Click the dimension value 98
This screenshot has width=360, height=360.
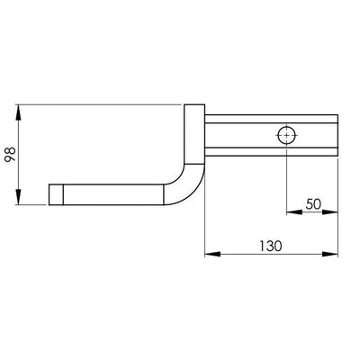click(x=10, y=154)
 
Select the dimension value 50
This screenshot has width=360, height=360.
click(x=313, y=204)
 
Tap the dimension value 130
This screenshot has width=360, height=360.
click(x=273, y=244)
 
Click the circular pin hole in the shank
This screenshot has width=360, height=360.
click(x=286, y=135)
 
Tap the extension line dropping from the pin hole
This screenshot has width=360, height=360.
click(x=286, y=180)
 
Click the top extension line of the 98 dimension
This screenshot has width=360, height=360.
click(x=99, y=105)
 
